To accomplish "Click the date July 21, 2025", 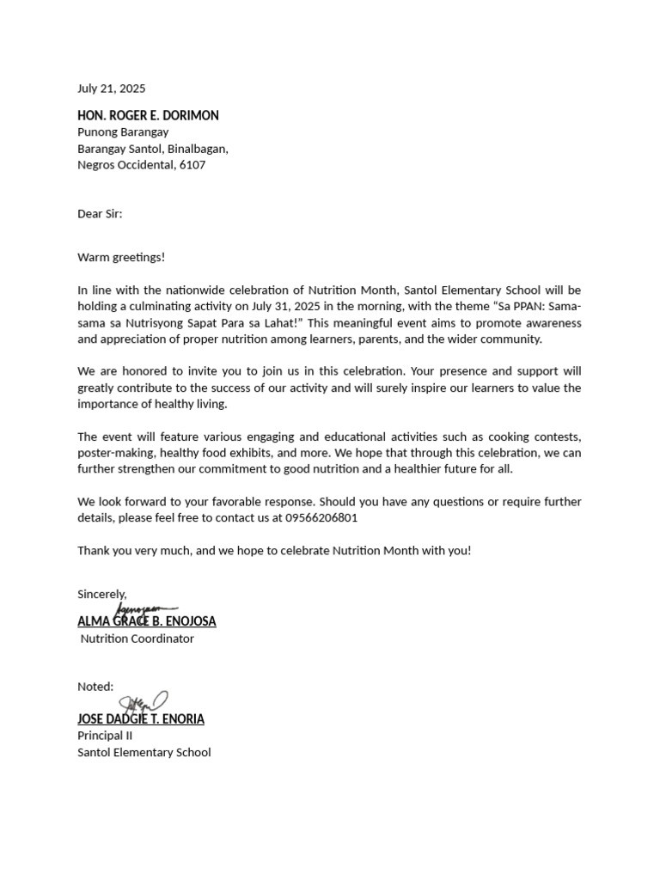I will click(112, 89).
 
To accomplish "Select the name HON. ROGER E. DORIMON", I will click(148, 115).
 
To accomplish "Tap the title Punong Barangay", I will click(123, 132).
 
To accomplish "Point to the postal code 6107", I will click(192, 165).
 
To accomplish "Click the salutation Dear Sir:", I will click(100, 213).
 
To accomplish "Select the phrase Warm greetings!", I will click(121, 257).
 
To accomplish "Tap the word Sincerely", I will click(101, 594).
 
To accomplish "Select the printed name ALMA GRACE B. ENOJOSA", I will click(147, 621).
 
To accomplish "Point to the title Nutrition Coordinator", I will click(137, 639).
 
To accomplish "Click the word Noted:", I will click(95, 687).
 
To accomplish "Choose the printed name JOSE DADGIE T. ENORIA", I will click(141, 719).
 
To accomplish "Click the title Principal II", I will click(105, 736).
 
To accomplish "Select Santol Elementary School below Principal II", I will click(144, 753).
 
